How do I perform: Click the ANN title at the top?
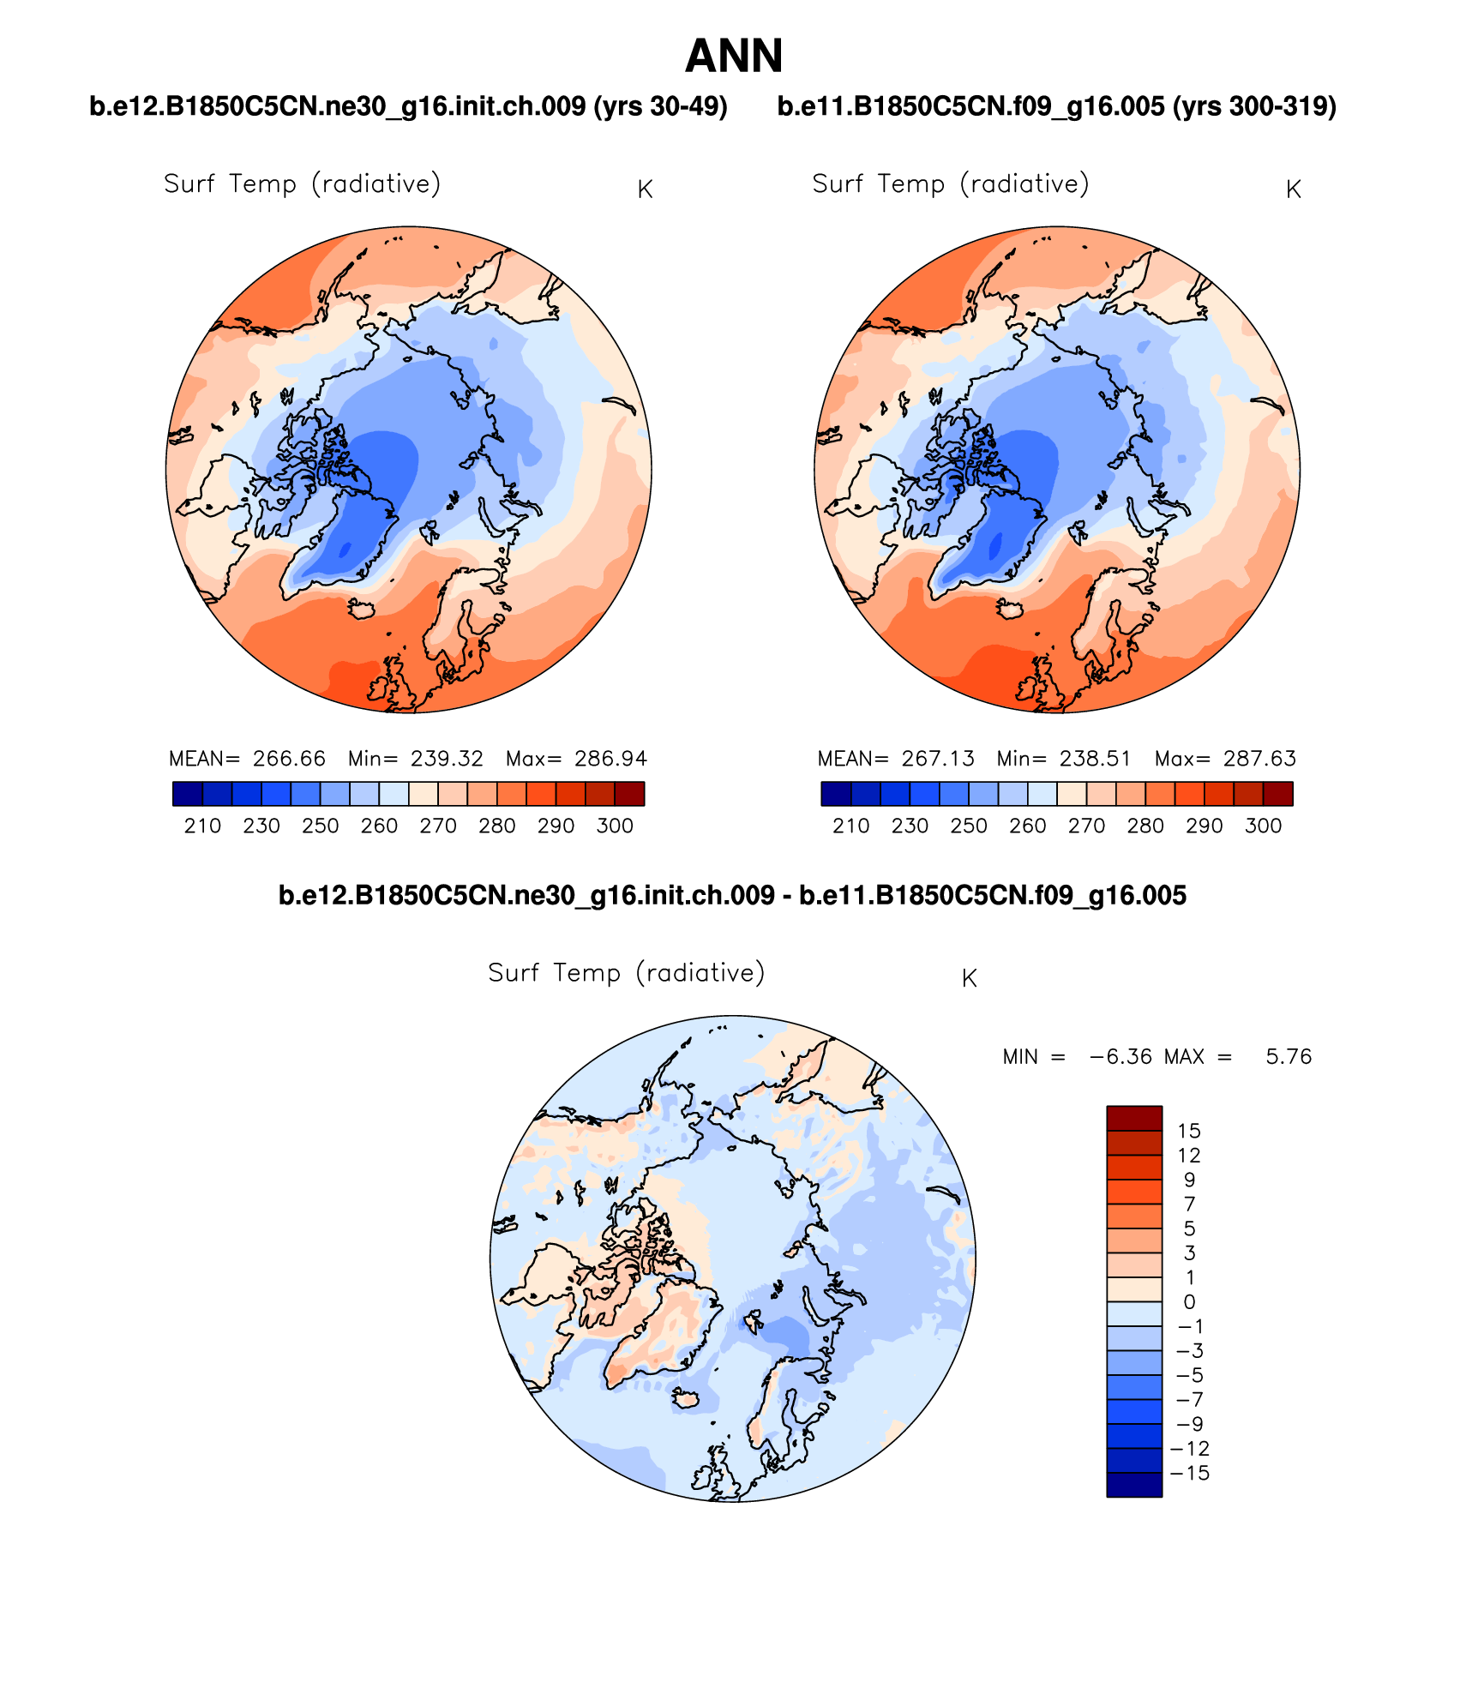point(734,57)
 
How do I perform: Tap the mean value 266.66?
point(289,759)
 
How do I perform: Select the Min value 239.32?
point(447,759)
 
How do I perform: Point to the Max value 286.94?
point(610,759)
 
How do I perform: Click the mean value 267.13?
point(938,759)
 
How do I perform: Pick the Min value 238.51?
point(1095,759)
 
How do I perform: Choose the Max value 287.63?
point(1259,759)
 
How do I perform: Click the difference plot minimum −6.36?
point(1121,1057)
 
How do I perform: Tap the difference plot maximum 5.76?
point(1289,1057)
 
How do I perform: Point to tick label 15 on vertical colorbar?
point(1189,1131)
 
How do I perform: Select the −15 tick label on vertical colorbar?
point(1189,1473)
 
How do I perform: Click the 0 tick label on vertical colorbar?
point(1189,1301)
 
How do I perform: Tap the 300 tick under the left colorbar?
point(615,826)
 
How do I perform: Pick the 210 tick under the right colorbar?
point(850,826)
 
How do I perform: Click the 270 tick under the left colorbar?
point(438,826)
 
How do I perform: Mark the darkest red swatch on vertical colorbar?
point(1134,1119)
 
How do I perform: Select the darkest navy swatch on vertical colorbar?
point(1134,1485)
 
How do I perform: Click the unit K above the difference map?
point(970,978)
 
